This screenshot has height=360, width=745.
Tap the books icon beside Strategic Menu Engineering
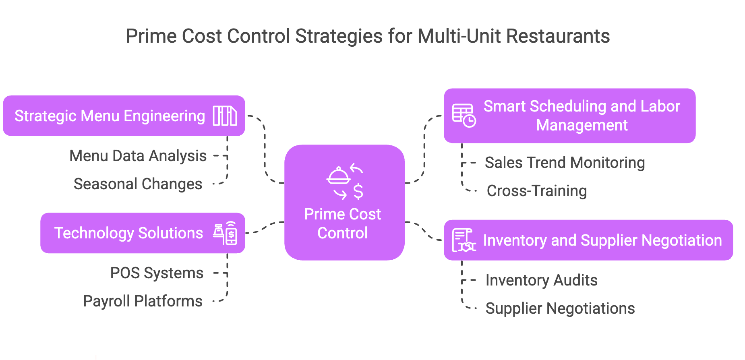[225, 116]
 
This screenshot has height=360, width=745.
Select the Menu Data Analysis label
[138, 156]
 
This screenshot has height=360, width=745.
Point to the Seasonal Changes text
[138, 184]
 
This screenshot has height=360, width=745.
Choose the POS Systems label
[157, 273]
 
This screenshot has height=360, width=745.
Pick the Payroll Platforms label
[143, 301]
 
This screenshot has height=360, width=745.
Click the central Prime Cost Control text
[342, 223]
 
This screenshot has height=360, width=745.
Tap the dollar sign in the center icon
[358, 192]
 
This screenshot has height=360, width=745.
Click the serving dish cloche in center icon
[338, 176]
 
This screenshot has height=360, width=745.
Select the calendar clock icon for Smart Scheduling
[464, 116]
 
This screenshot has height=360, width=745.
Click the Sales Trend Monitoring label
[565, 163]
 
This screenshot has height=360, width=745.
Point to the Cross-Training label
[536, 191]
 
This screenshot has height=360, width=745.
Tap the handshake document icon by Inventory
[464, 240]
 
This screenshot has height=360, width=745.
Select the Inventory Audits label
[541, 280]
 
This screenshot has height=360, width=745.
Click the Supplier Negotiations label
[560, 308]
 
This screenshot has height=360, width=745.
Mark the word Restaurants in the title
[558, 36]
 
